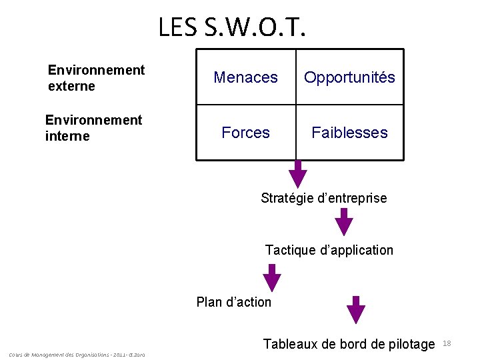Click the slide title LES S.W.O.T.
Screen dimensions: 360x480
pyautogui.click(x=233, y=27)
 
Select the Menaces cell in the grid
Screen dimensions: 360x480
pyautogui.click(x=245, y=77)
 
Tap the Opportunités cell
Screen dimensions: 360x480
pyautogui.click(x=349, y=77)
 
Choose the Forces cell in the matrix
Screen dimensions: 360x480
pyautogui.click(x=245, y=133)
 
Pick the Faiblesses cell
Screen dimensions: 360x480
pyautogui.click(x=349, y=133)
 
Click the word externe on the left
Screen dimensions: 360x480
pyautogui.click(x=71, y=86)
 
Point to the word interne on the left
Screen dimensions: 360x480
pyautogui.click(x=67, y=136)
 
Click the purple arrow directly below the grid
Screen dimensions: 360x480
pyautogui.click(x=298, y=175)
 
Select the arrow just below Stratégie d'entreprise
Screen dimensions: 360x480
pyautogui.click(x=343, y=221)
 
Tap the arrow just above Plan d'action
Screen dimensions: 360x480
pyautogui.click(x=271, y=277)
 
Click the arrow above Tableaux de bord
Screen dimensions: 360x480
pyautogui.click(x=357, y=309)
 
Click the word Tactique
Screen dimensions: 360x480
pyautogui.click(x=290, y=250)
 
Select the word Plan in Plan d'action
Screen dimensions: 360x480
pyautogui.click(x=209, y=302)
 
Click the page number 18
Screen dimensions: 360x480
pyautogui.click(x=447, y=343)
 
